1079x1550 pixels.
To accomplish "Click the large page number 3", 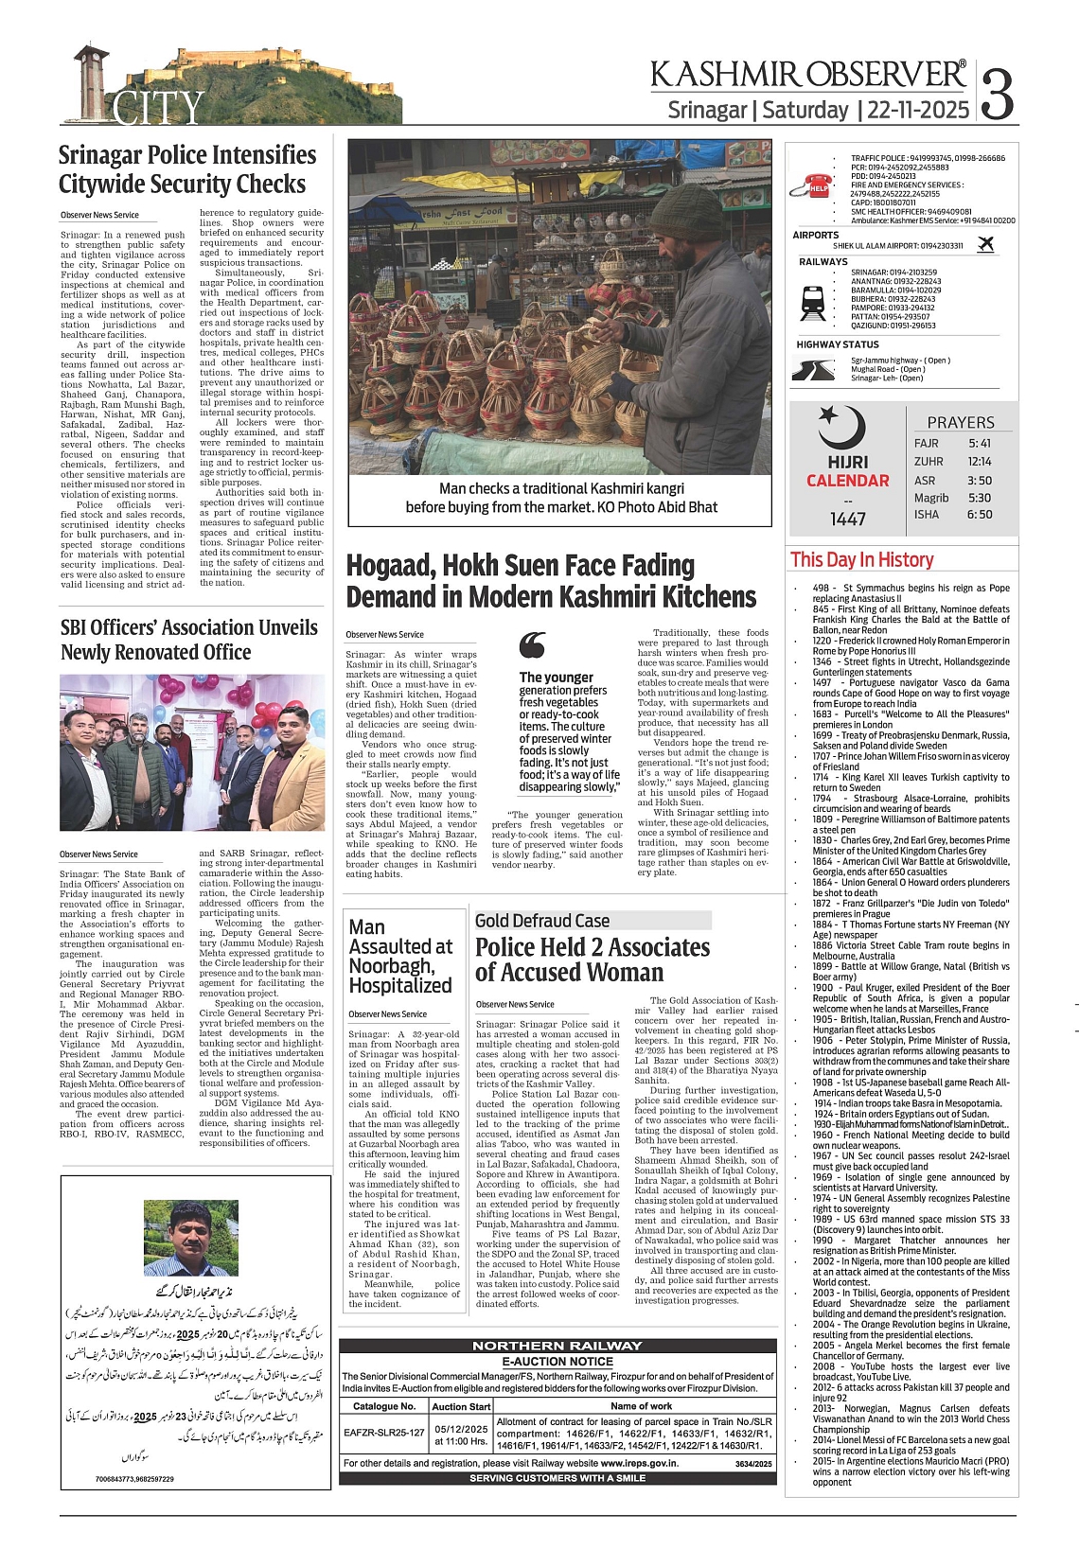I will tap(997, 93).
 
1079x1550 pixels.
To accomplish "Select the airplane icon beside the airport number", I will tap(985, 244).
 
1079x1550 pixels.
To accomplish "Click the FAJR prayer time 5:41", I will tap(980, 443).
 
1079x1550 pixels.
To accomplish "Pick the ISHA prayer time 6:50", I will tap(980, 515).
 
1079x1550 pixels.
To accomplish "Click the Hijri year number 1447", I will tap(848, 519).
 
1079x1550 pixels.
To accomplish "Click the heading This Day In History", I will tap(861, 560).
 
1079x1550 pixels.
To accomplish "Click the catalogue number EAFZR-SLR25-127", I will tap(383, 1432).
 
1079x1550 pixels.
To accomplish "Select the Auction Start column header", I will tap(461, 1406).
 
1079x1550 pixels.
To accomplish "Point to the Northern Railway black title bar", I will tap(557, 1346).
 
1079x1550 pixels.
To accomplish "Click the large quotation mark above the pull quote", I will tap(533, 645).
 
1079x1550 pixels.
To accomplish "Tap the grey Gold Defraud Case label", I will tap(542, 921).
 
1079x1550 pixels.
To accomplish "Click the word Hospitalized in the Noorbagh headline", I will tap(400, 985).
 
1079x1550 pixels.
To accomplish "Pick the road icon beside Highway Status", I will tap(813, 370).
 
